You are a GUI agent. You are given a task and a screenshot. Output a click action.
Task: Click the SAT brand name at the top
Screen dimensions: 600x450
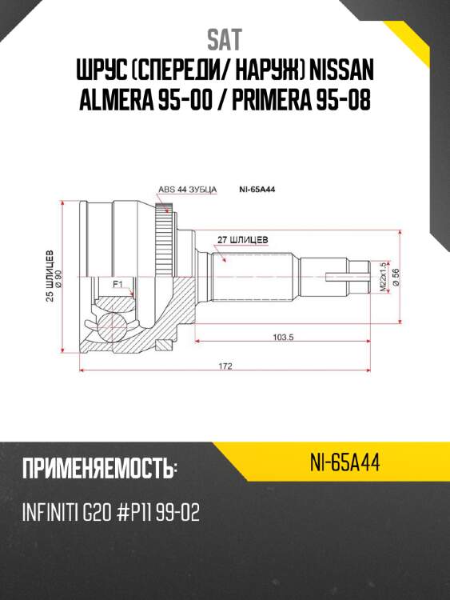(224, 40)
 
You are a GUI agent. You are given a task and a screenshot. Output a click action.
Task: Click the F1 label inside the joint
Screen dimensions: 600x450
(117, 284)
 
